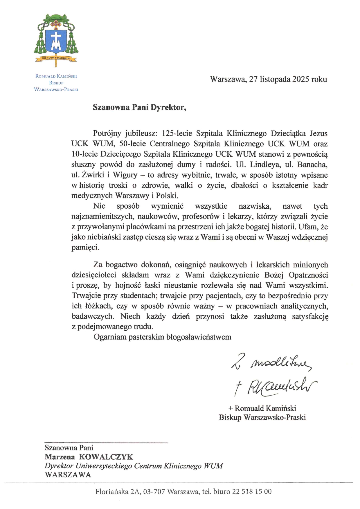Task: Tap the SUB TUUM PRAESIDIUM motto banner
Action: pyautogui.click(x=56, y=58)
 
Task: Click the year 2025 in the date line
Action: pyautogui.click(x=300, y=79)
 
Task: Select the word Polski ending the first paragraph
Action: pyautogui.click(x=166, y=196)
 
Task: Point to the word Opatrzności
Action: pyautogui.click(x=308, y=275)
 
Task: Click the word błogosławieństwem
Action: pyautogui.click(x=199, y=337)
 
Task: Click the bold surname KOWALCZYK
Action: pyautogui.click(x=106, y=457)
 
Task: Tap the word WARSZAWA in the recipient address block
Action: pyautogui.click(x=68, y=475)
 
